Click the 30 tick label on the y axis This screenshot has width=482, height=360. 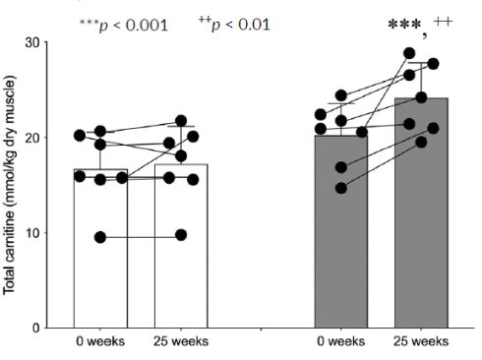tap(31, 43)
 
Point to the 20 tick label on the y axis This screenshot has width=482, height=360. tap(31, 138)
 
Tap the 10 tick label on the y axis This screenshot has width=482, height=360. tap(31, 233)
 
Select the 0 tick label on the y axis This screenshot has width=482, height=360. tap(35, 329)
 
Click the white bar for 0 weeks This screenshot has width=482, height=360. tap(100, 249)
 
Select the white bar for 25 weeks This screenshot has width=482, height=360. tap(181, 246)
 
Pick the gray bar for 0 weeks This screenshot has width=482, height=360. tap(341, 231)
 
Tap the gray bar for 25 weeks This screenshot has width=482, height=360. tap(421, 212)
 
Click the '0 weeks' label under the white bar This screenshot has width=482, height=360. tap(100, 341)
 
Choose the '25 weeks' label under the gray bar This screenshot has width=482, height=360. tap(421, 341)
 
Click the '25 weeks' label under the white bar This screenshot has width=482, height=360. tap(181, 341)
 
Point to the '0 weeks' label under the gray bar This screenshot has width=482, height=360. tap(341, 341)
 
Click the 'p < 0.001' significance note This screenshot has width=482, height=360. tap(124, 26)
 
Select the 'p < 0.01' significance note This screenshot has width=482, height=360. tap(234, 25)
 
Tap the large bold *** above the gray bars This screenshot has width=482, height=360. tap(404, 26)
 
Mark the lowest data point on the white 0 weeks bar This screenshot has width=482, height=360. tap(100, 237)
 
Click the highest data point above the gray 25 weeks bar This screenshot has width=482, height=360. tap(409, 53)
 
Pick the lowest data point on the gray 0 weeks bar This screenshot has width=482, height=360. tap(341, 188)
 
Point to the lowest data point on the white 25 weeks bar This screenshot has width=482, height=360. tap(181, 235)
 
